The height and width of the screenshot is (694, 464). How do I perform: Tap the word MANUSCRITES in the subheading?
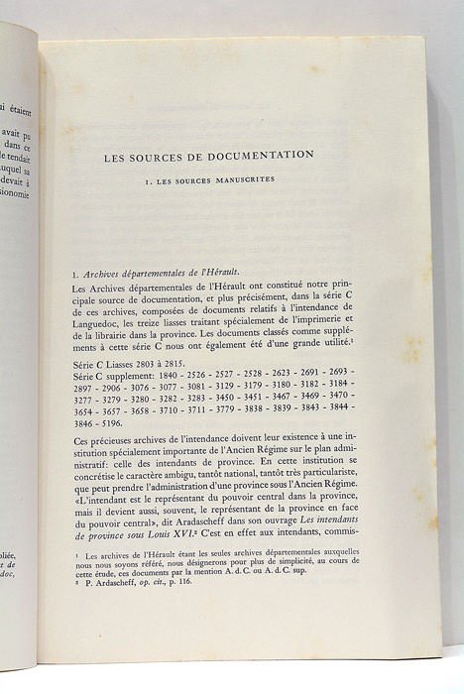[x=244, y=181]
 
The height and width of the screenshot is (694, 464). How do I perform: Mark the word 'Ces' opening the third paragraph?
[x=84, y=437]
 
